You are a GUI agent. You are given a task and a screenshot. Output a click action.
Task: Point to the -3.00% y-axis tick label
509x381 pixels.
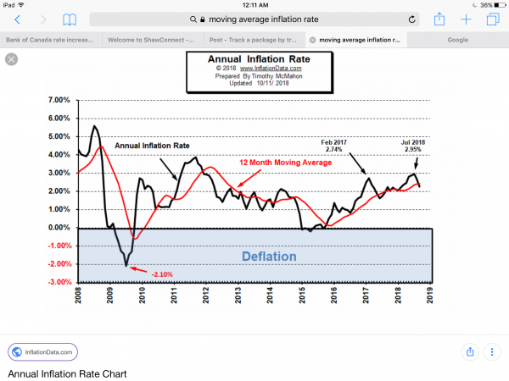tap(60, 283)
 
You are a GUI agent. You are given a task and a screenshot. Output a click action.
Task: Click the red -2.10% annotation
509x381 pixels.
tap(163, 274)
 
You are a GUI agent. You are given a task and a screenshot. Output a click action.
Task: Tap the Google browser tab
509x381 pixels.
tap(458, 39)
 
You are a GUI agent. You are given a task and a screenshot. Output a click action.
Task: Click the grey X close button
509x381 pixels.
tap(12, 58)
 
